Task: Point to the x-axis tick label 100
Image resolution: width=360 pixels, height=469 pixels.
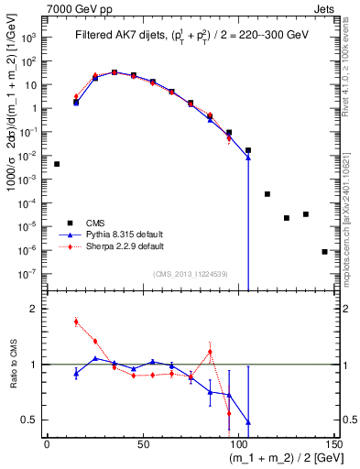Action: pyautogui.click(x=238, y=443)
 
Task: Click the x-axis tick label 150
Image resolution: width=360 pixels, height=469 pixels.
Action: pyautogui.click(x=333, y=443)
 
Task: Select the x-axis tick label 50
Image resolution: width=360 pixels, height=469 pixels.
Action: pyautogui.click(x=143, y=443)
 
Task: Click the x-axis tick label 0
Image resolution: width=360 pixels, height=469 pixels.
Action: pyautogui.click(x=48, y=443)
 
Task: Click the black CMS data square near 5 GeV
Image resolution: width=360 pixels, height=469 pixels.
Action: pyautogui.click(x=57, y=164)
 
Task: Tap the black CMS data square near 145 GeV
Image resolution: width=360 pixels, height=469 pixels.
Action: pyautogui.click(x=324, y=251)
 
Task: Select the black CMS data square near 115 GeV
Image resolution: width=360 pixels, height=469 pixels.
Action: pyautogui.click(x=267, y=194)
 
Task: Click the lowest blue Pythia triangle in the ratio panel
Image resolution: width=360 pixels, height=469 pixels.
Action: pyautogui.click(x=248, y=422)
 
